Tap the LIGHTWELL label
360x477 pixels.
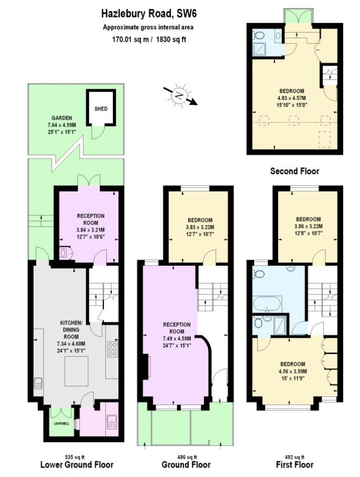pos(61,424)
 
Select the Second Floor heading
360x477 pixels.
pos(294,171)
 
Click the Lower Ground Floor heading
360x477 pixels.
pos(77,465)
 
